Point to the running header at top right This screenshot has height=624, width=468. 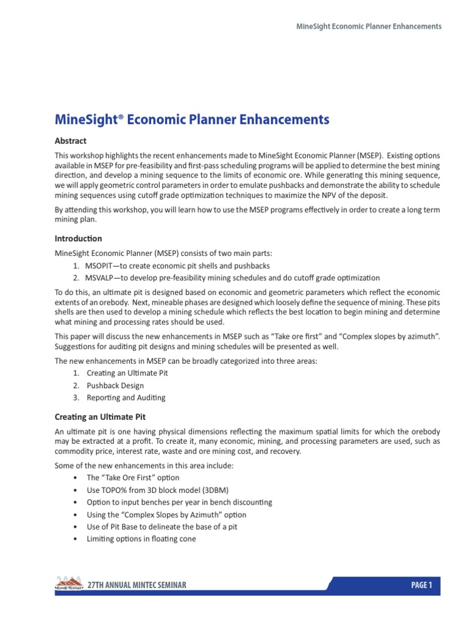tap(368, 27)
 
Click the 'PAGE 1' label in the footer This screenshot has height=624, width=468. tap(421, 586)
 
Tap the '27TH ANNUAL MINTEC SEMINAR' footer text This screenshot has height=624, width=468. tap(137, 586)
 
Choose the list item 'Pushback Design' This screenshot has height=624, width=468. tap(115, 386)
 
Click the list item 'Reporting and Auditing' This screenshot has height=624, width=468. tap(126, 398)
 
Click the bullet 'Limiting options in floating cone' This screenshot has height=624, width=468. tap(141, 539)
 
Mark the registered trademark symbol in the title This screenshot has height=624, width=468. tap(120, 116)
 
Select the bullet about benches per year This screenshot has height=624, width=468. tap(179, 502)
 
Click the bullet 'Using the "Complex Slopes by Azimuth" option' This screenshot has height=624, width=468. tap(166, 514)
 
